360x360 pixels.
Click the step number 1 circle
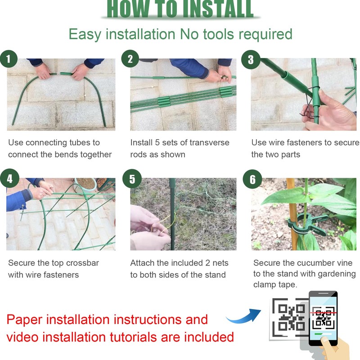9,59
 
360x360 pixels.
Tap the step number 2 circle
130,59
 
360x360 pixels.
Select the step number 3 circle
251,59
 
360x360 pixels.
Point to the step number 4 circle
9,178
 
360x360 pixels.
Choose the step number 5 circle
132,179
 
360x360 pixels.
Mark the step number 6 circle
252,179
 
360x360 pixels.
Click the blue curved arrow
244,316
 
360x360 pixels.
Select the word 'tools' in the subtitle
219,34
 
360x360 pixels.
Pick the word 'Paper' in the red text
24,320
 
